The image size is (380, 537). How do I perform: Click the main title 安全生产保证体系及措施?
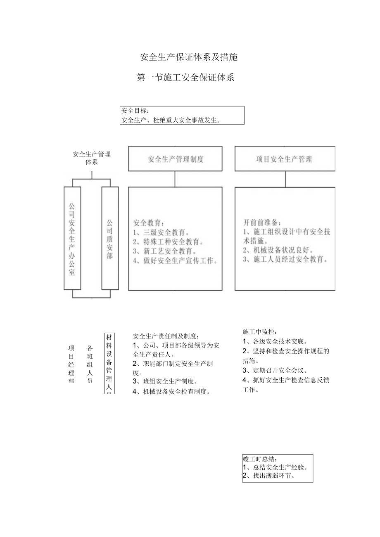click(x=189, y=57)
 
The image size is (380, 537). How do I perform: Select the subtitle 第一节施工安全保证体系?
click(x=185, y=77)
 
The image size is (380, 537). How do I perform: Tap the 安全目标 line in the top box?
click(x=135, y=111)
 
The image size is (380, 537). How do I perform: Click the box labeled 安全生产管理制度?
click(x=175, y=159)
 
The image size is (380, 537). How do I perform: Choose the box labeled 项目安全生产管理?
click(x=285, y=159)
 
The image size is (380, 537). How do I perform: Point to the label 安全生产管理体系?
click(x=92, y=158)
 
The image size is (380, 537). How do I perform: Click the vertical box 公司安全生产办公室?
click(x=72, y=239)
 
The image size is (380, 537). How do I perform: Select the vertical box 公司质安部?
click(x=110, y=239)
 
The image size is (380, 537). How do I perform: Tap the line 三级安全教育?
click(x=162, y=232)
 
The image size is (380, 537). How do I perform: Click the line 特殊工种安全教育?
click(x=168, y=241)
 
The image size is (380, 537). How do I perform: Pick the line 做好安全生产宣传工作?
click(x=176, y=260)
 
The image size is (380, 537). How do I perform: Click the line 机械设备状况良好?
click(x=278, y=250)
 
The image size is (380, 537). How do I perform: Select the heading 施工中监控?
click(x=260, y=331)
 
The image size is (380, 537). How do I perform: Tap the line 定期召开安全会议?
click(x=275, y=370)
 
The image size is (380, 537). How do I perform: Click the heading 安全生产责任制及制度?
click(x=166, y=336)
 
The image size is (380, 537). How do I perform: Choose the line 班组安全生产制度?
click(x=165, y=381)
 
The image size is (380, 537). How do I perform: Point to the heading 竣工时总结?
click(x=260, y=459)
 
